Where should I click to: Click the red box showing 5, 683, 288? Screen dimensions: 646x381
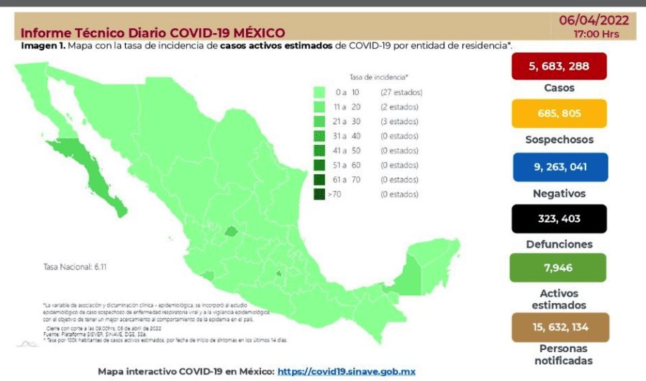click(x=559, y=66)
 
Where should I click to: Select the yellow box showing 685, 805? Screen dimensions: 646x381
click(x=559, y=114)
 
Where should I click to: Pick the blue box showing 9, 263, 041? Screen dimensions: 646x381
click(x=559, y=166)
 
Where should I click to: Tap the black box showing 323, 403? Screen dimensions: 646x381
click(x=559, y=218)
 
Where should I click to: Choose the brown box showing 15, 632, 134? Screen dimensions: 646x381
click(x=559, y=327)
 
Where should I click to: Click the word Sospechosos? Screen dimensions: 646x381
click(x=559, y=140)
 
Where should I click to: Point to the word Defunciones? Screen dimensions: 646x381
click(x=559, y=244)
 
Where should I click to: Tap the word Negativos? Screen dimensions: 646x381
click(x=559, y=193)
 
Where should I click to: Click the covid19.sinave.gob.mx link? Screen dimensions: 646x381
click(x=347, y=371)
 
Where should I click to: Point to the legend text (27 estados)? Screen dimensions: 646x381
click(x=401, y=92)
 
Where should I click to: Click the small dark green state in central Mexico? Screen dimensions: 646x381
click(x=231, y=231)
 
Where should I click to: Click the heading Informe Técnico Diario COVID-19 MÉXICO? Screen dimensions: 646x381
click(x=153, y=32)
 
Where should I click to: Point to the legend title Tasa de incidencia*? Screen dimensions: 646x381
click(x=378, y=76)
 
